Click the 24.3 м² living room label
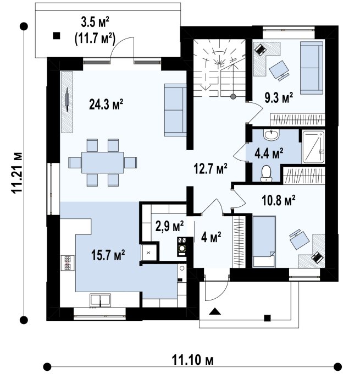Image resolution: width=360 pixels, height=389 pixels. pos(106,105)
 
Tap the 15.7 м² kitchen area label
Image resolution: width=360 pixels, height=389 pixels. pos(108,255)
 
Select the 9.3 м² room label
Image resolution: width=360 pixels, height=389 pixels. pos(279,97)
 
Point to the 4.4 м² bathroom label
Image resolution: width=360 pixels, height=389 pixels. pos(269,154)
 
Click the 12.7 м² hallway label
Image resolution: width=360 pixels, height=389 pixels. pos(211,169)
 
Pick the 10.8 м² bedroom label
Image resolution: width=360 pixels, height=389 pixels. pos(279,200)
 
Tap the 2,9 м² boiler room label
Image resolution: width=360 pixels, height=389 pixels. pos(169,226)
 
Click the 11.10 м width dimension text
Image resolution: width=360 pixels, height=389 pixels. pos(192,360)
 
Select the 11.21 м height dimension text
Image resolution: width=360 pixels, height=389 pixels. pos(17,173)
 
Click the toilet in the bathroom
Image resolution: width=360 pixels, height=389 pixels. pos(267,173)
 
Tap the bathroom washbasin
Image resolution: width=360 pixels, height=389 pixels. pos(272,135)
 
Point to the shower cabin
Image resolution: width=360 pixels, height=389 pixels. pos(313,146)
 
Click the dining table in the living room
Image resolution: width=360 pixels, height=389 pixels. pos(103,162)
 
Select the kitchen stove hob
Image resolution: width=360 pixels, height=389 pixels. pos(68,263)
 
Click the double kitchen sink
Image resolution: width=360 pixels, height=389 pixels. pos(100,299)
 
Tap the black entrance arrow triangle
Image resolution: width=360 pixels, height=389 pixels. pos(214,311)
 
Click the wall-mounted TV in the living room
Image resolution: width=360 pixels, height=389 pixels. pos(67,98)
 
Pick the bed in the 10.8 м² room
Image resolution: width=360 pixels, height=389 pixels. pos(264,242)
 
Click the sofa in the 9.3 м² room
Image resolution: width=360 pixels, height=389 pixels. pos(312,68)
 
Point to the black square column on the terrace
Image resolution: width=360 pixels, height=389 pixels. pos(57,36)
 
